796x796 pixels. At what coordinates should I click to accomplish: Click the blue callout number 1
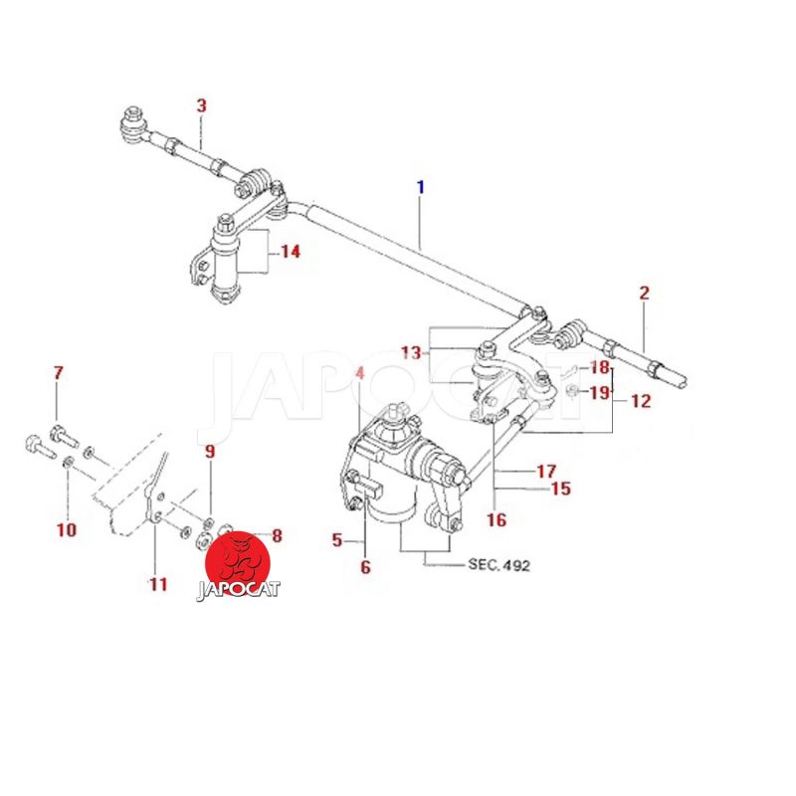pyautogui.click(x=420, y=187)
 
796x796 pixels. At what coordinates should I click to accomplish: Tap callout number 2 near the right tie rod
pyautogui.click(x=644, y=293)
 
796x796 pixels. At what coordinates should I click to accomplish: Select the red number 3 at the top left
pyautogui.click(x=202, y=106)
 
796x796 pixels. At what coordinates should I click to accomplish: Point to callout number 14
pyautogui.click(x=291, y=252)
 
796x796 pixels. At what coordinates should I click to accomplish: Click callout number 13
pyautogui.click(x=411, y=352)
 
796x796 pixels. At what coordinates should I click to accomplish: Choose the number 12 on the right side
pyautogui.click(x=641, y=401)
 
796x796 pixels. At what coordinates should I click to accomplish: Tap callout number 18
pyautogui.click(x=600, y=367)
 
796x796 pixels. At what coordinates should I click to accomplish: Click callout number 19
pyautogui.click(x=600, y=392)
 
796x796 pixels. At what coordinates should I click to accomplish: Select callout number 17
pyautogui.click(x=546, y=471)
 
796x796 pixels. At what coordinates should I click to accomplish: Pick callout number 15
pyautogui.click(x=560, y=489)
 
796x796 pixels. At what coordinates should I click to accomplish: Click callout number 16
pyautogui.click(x=497, y=519)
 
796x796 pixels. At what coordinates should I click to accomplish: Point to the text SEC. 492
pyautogui.click(x=498, y=564)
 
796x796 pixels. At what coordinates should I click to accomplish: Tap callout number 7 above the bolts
pyautogui.click(x=59, y=373)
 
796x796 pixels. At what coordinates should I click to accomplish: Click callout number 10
pyautogui.click(x=66, y=530)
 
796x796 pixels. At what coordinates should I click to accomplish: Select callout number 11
pyautogui.click(x=158, y=584)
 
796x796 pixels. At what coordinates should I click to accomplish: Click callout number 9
pyautogui.click(x=210, y=452)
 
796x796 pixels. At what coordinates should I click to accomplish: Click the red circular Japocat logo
pyautogui.click(x=237, y=564)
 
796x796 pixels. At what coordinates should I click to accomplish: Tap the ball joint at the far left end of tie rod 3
pyautogui.click(x=133, y=124)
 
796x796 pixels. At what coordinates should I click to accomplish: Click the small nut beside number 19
pyautogui.click(x=571, y=391)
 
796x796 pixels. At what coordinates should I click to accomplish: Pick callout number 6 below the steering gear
pyautogui.click(x=365, y=566)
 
